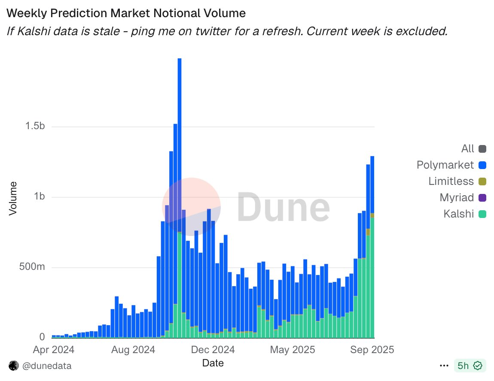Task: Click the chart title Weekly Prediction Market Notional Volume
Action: tap(126, 13)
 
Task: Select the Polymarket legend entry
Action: tap(445, 165)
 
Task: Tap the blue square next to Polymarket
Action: tap(482, 165)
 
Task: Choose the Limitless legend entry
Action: tap(451, 181)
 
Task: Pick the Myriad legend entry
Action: tap(457, 198)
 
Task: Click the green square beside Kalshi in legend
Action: tap(482, 214)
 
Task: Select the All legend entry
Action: tap(467, 149)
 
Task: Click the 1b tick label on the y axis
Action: tap(40, 197)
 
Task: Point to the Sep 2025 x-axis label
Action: tap(372, 350)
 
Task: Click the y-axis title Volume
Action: tap(13, 198)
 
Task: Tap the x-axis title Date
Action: tap(213, 363)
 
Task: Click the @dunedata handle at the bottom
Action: tap(47, 366)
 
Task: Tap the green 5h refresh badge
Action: tap(470, 366)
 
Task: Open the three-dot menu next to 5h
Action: tap(444, 366)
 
